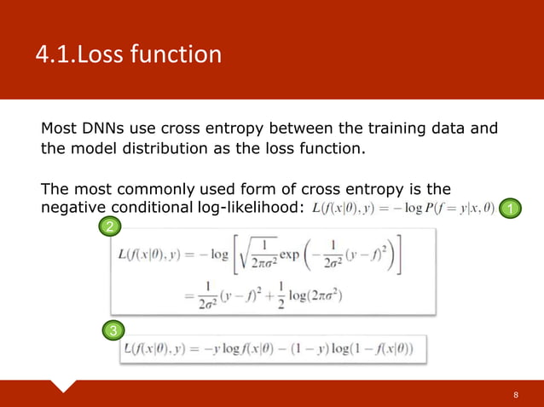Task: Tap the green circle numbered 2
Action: coord(110,226)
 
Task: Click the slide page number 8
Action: coord(515,396)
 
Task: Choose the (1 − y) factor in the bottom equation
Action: coord(306,349)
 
